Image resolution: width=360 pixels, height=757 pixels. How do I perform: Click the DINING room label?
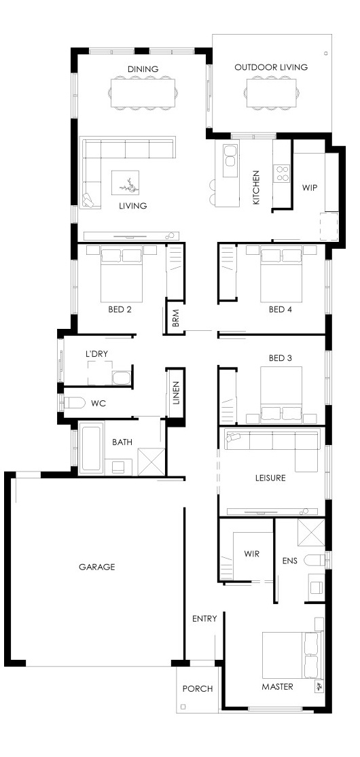[x=143, y=69]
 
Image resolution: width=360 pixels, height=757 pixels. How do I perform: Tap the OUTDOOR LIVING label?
[x=271, y=67]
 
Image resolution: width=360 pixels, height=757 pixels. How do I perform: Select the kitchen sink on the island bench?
[x=230, y=156]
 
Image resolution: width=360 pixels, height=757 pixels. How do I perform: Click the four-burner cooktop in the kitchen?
[x=282, y=173]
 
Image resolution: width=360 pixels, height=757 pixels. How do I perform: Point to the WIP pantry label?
[x=310, y=188]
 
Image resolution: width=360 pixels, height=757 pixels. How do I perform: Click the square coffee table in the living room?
[x=126, y=183]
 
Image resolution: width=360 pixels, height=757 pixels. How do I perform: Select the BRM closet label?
[x=175, y=318]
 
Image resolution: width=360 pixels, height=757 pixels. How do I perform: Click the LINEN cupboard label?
[x=176, y=393]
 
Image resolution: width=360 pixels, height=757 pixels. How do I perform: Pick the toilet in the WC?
[x=74, y=402]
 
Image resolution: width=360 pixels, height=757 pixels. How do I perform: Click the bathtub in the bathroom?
[x=92, y=448]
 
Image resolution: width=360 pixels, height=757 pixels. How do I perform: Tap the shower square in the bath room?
[x=151, y=462]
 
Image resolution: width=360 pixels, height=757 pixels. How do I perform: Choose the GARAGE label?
[x=97, y=567]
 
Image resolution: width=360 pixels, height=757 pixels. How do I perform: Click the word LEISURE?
[x=270, y=478]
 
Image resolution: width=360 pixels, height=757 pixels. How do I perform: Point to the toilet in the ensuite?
[x=317, y=560]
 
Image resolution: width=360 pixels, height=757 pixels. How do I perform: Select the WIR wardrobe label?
[x=252, y=554]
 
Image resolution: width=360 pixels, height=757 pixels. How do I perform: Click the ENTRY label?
[x=204, y=618]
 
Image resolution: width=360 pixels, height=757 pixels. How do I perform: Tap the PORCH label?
[x=198, y=689]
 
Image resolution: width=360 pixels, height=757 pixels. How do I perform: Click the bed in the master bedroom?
[x=291, y=655]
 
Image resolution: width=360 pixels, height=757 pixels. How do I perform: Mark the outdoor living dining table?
[x=271, y=92]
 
